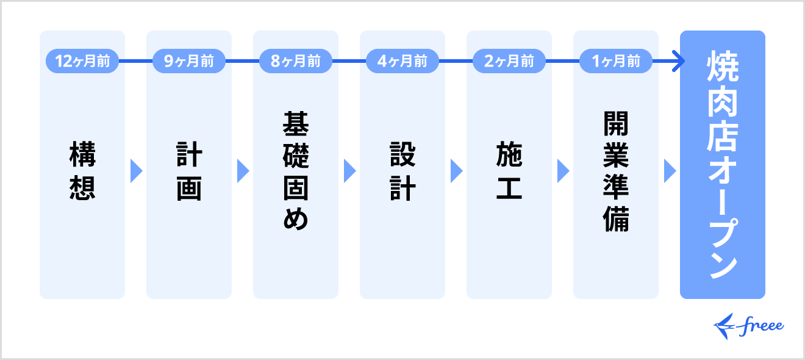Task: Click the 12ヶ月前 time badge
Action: [82, 61]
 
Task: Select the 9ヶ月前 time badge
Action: [189, 61]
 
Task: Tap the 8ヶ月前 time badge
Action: [296, 61]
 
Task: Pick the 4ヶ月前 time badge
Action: [402, 61]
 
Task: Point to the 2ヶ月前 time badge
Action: [509, 61]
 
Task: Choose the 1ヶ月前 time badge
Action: [616, 61]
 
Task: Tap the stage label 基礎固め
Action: [296, 171]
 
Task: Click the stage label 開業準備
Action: [616, 171]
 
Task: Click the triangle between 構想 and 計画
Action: [136, 171]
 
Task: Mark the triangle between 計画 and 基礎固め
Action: [243, 171]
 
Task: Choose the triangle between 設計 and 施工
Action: [456, 171]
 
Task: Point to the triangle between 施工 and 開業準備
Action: [563, 171]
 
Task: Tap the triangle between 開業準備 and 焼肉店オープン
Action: [670, 171]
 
